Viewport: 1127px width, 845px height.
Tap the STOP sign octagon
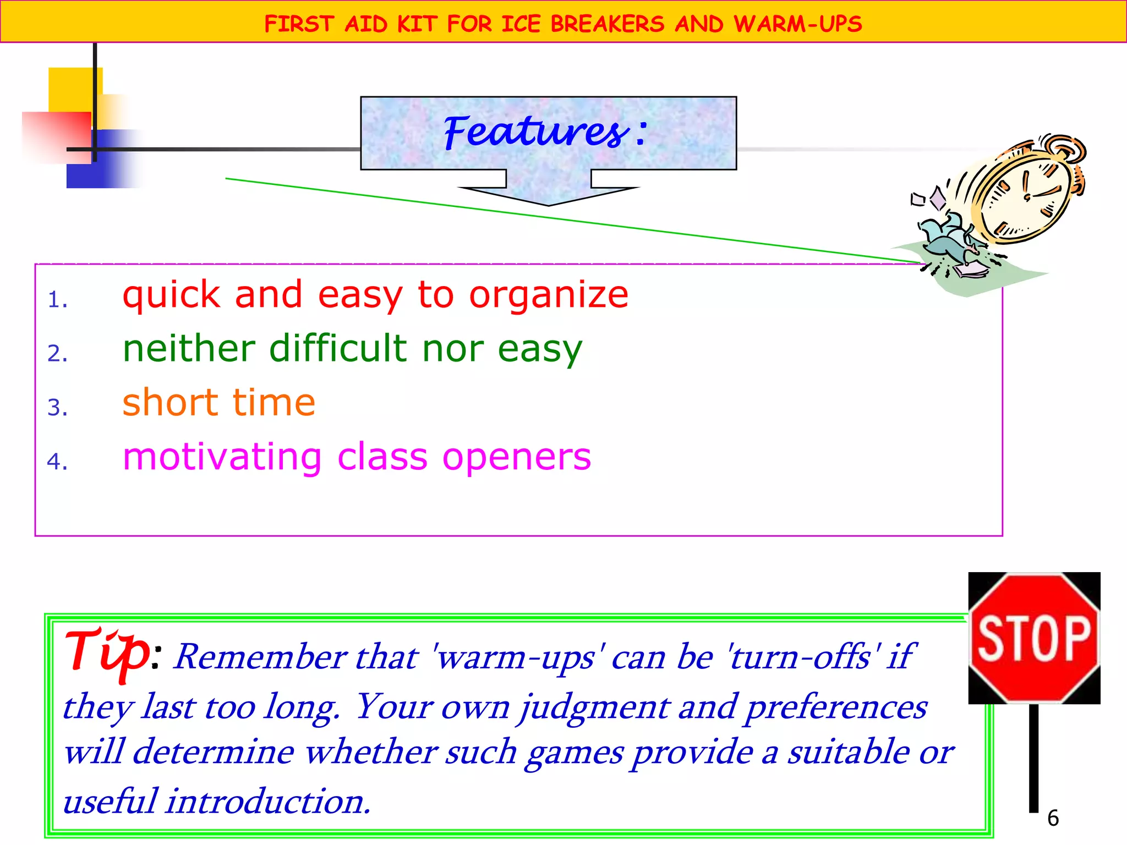(x=1034, y=638)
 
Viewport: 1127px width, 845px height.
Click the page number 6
(x=1053, y=818)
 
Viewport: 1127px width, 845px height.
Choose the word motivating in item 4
(x=222, y=457)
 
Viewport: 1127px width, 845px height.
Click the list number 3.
(x=57, y=408)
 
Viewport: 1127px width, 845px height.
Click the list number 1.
(x=57, y=300)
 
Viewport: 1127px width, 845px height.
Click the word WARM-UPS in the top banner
(x=797, y=24)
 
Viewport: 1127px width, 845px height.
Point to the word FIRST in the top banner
(x=299, y=24)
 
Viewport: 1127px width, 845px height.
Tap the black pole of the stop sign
(x=1034, y=759)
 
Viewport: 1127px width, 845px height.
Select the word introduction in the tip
(x=268, y=802)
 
